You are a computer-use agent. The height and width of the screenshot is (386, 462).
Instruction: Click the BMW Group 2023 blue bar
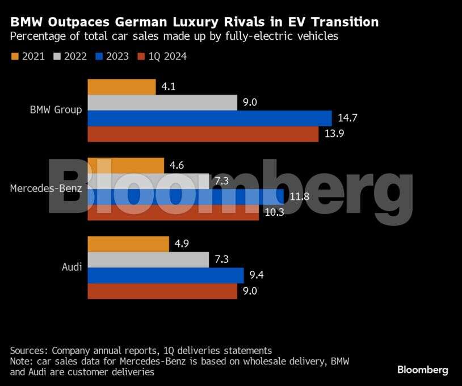pyautogui.click(x=209, y=118)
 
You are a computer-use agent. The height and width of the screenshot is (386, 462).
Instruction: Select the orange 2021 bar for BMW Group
pyautogui.click(x=121, y=87)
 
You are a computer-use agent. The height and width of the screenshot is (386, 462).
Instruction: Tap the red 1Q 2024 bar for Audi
pyautogui.click(x=162, y=291)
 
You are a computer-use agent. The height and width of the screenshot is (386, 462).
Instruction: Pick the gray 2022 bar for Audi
pyautogui.click(x=149, y=259)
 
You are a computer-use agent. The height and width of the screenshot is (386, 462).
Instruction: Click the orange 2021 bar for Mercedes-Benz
pyautogui.click(x=126, y=166)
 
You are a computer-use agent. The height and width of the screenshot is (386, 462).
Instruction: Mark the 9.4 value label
pyautogui.click(x=257, y=275)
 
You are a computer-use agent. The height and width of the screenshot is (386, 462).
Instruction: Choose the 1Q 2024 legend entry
pyautogui.click(x=163, y=56)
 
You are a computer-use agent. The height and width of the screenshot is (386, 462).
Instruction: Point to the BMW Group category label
pyautogui.click(x=56, y=110)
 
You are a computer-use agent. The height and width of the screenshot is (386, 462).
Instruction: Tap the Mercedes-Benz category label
pyautogui.click(x=46, y=188)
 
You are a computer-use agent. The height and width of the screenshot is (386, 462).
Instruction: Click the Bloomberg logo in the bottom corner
pyautogui.click(x=422, y=370)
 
